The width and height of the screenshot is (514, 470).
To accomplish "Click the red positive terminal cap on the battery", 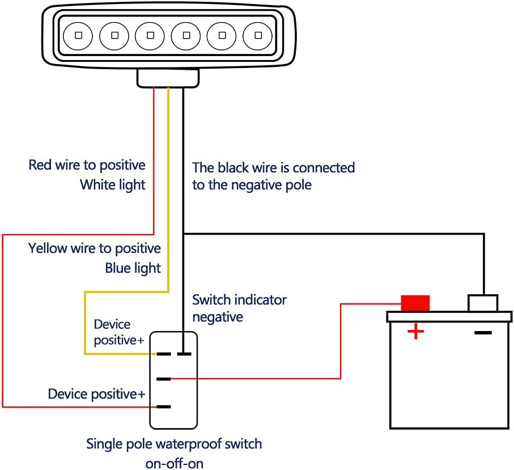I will click(415, 303).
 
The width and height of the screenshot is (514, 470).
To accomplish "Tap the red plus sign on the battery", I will click(416, 331).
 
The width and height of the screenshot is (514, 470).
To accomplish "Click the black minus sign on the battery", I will click(483, 332).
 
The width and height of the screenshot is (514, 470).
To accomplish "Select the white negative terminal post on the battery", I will click(483, 303).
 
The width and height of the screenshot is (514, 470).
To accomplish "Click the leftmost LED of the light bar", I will click(78, 36).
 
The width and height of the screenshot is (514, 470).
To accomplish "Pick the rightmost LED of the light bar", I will click(258, 36).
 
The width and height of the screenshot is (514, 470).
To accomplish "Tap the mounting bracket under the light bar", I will click(168, 78).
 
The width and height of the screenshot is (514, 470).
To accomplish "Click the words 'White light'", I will click(112, 184).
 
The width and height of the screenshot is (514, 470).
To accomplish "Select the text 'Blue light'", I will click(133, 268).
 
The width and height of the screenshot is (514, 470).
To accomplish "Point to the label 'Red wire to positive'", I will click(87, 165).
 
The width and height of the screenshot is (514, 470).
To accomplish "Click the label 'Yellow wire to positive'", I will click(95, 248).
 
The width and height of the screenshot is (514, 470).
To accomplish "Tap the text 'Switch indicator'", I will click(239, 299).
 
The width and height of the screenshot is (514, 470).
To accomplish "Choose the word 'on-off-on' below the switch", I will click(174, 463).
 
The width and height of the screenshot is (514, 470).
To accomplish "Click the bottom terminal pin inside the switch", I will click(164, 407).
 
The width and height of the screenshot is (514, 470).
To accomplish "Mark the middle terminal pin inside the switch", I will click(164, 379).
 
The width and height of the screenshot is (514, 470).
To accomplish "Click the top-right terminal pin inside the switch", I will click(183, 354).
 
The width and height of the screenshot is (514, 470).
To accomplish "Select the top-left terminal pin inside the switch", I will click(164, 354).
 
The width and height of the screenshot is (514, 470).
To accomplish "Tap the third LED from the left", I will click(150, 36).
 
